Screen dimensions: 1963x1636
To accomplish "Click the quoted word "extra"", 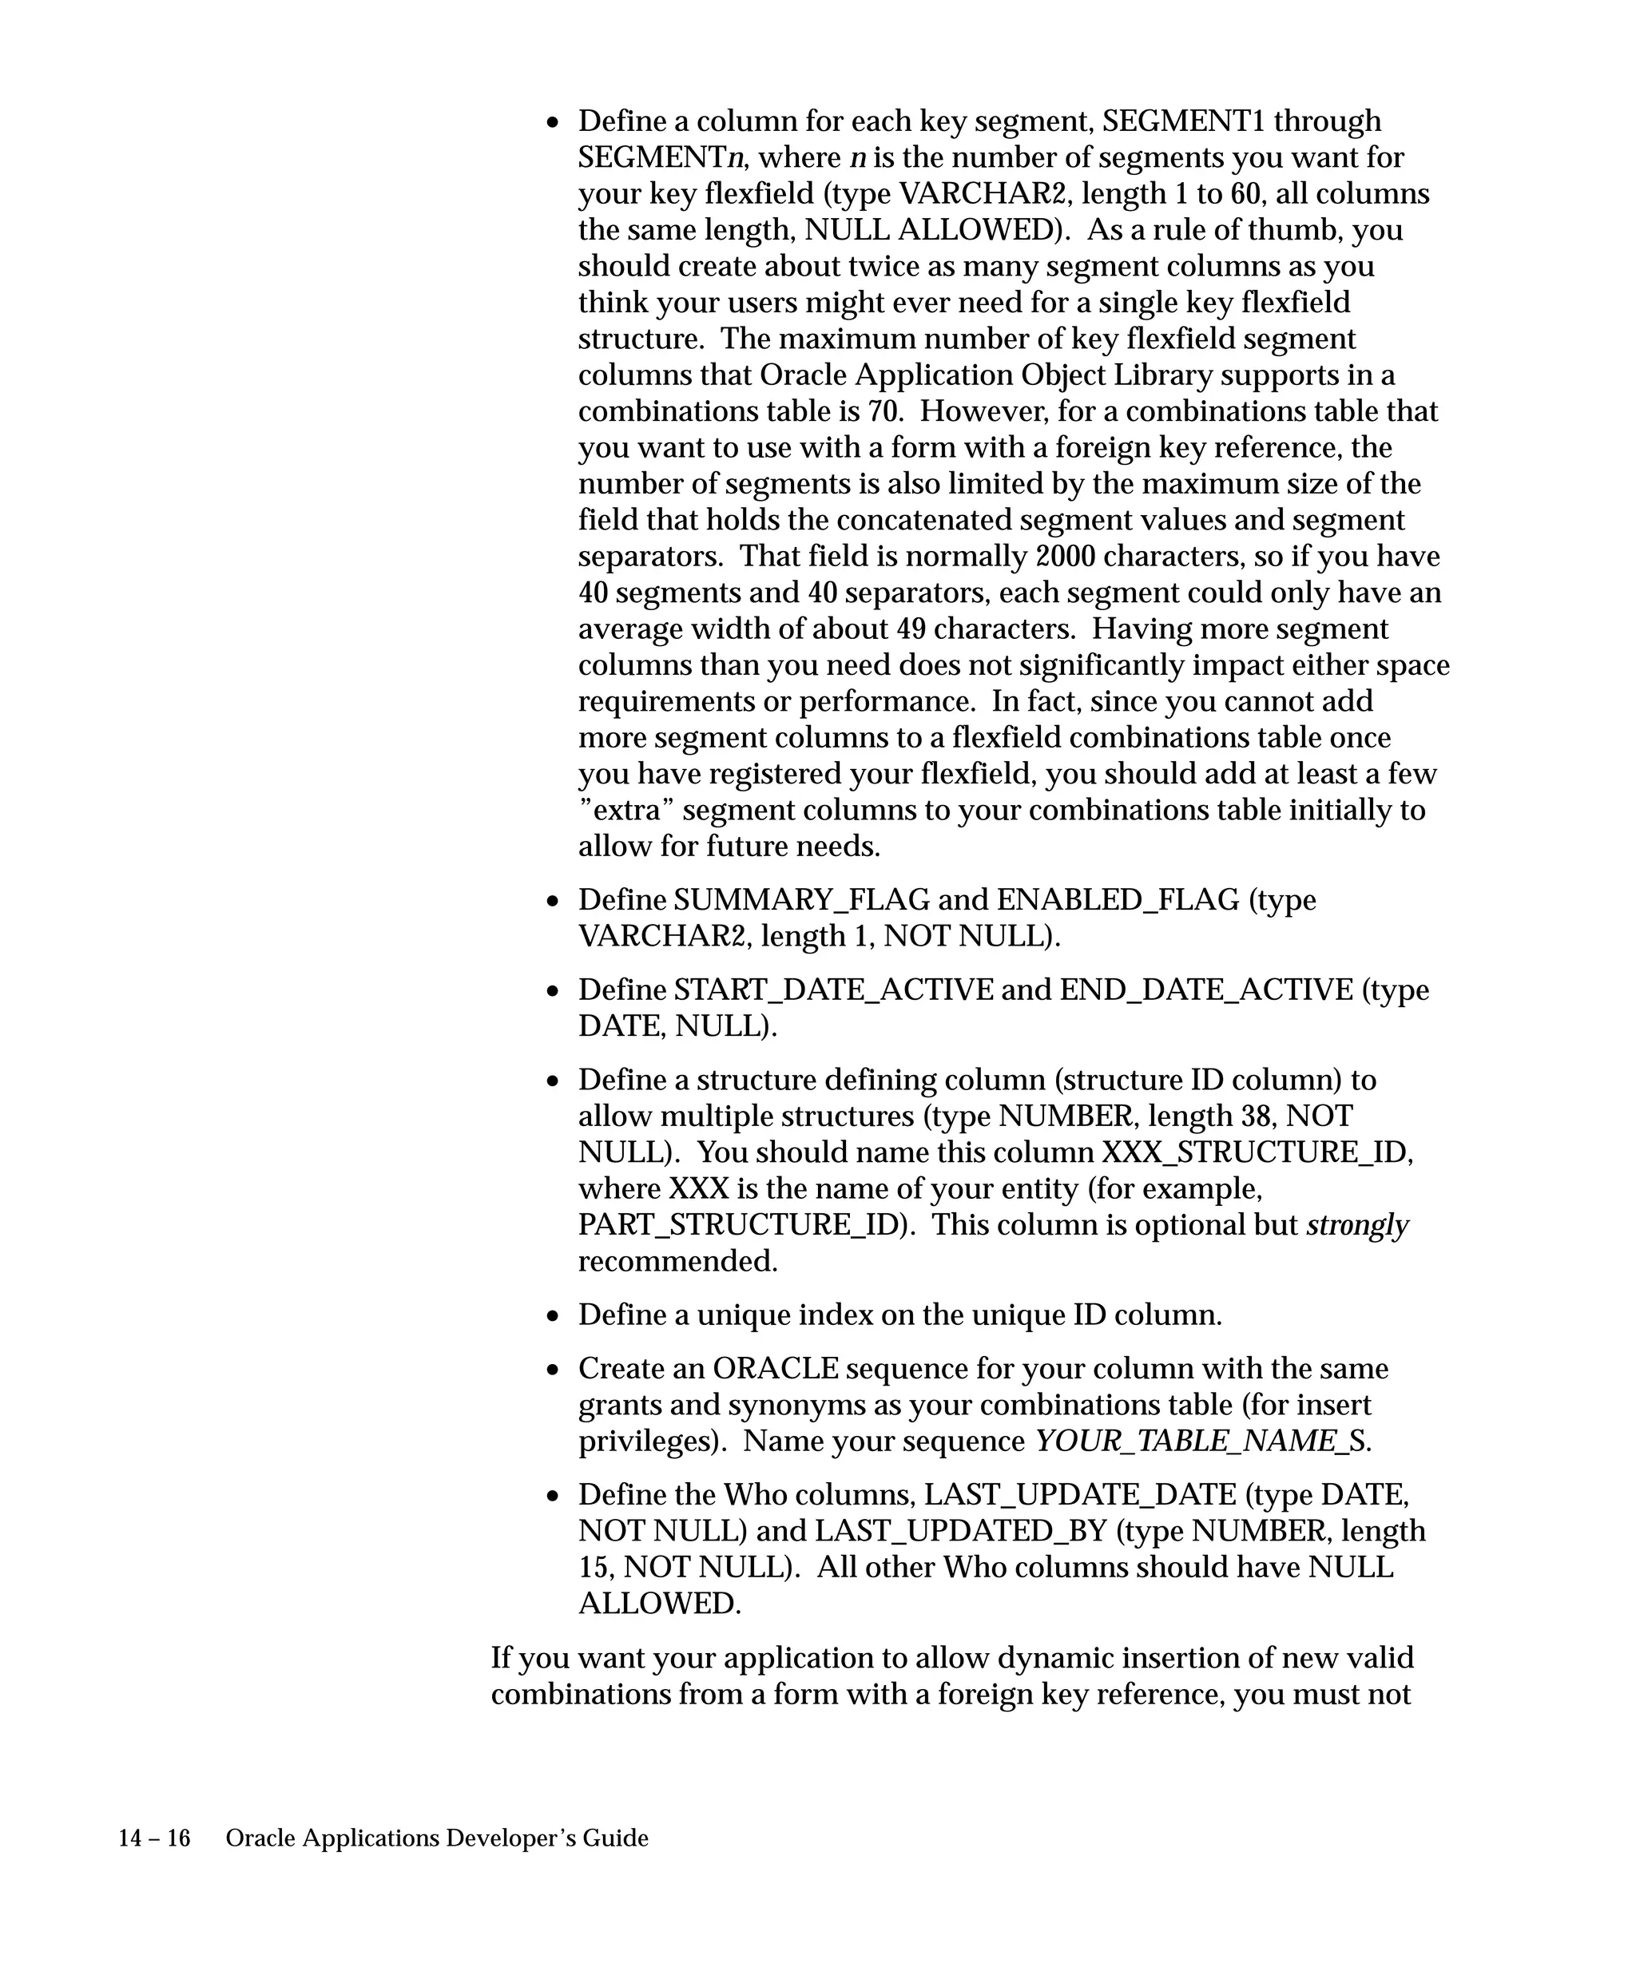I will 625,810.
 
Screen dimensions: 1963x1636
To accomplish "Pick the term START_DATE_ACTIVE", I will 833,990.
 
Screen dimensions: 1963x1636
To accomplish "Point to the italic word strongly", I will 1356,1225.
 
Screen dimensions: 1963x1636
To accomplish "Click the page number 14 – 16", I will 154,1838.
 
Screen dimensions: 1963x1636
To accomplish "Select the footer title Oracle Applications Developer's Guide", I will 437,1838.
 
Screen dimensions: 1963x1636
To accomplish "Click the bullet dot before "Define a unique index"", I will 554,1317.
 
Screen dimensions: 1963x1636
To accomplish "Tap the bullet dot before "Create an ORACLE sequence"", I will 554,1370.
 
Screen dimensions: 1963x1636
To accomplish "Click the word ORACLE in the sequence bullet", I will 775,1369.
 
